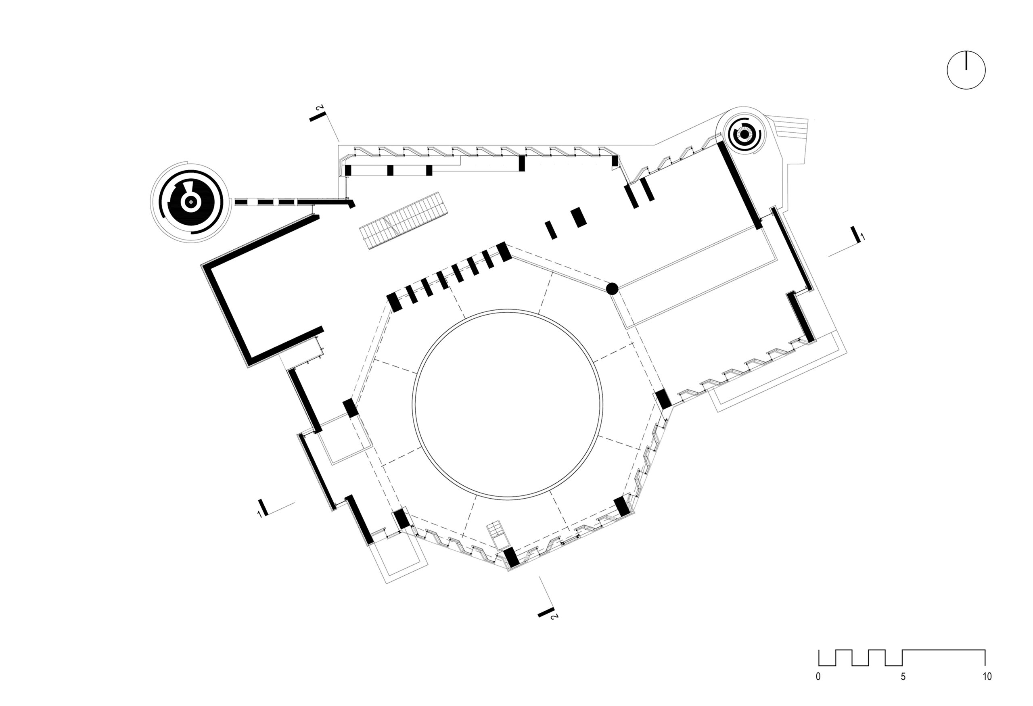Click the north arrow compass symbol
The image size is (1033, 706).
tap(966, 70)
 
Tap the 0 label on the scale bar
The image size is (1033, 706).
tap(818, 677)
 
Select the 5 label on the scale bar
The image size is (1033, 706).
tap(903, 677)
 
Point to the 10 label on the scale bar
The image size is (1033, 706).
tap(987, 677)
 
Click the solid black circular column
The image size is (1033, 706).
tap(612, 289)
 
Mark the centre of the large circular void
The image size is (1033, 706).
tap(508, 403)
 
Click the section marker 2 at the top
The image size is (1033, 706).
tap(318, 114)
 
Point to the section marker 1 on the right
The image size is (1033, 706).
tap(856, 235)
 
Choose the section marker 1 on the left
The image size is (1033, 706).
tap(262, 508)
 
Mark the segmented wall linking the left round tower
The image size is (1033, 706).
tap(284, 202)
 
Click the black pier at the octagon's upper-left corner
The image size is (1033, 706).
tap(393, 303)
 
